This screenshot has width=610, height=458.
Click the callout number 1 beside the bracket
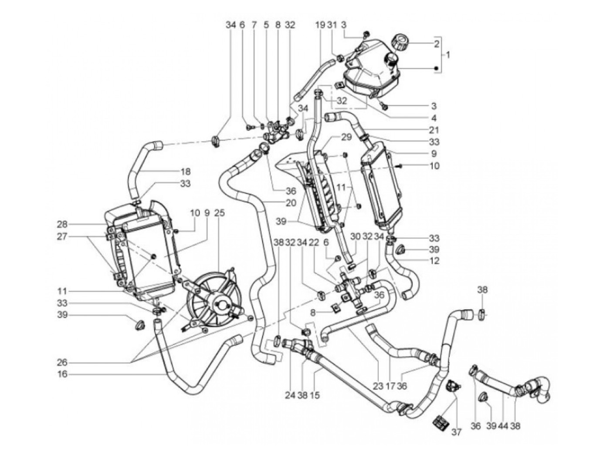pos(447,55)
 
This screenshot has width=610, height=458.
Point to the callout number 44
pos(504,426)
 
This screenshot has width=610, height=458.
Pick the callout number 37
pos(456,432)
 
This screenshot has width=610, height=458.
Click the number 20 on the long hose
pos(291,202)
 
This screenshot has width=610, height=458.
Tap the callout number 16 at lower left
pos(63,374)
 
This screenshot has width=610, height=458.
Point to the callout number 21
pos(434,130)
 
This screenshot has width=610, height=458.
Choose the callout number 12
pos(434,261)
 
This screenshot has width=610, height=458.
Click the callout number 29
pos(346,137)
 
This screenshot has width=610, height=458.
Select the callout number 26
pos(63,362)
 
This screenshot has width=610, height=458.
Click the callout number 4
pos(434,118)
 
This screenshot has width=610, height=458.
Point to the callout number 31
pos(333,25)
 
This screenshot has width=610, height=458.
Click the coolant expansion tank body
pos(370,74)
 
